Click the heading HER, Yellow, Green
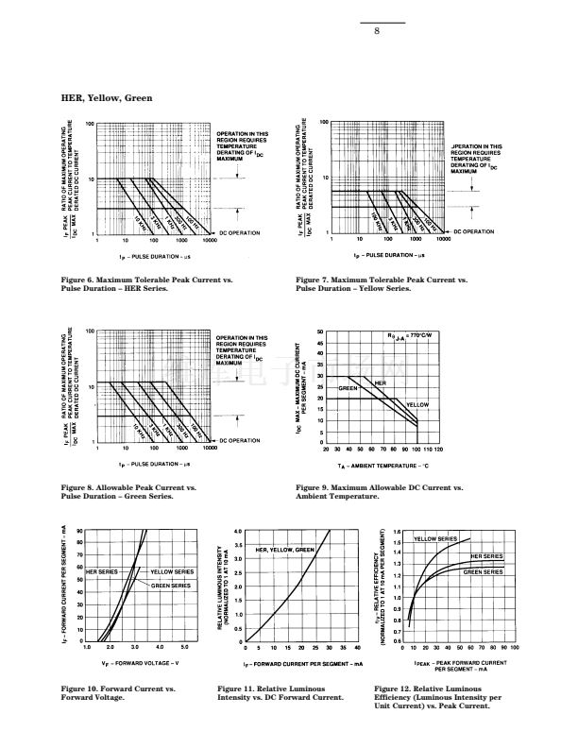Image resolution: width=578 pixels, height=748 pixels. point(106,98)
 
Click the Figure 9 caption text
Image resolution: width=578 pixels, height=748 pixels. point(379,491)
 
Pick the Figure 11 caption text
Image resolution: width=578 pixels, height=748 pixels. point(280,693)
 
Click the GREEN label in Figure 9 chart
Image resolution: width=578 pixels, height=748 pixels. point(349,388)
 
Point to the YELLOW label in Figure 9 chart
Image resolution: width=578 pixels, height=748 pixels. point(417,404)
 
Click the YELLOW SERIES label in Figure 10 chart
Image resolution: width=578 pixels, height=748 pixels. point(172,572)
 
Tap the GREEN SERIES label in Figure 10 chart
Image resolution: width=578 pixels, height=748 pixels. point(171,586)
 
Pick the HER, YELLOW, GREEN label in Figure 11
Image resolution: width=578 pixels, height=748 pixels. point(285,550)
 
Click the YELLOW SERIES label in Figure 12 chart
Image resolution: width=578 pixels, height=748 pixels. point(435,538)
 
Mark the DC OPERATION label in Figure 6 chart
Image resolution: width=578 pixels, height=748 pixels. point(239,232)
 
